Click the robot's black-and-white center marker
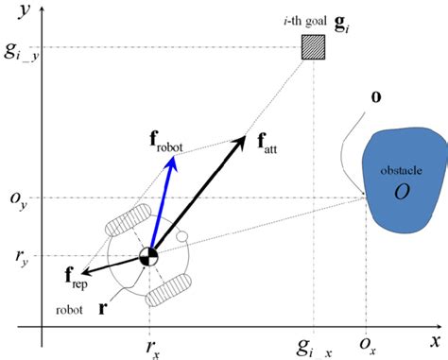click(x=148, y=254)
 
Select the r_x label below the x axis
click(x=150, y=347)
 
